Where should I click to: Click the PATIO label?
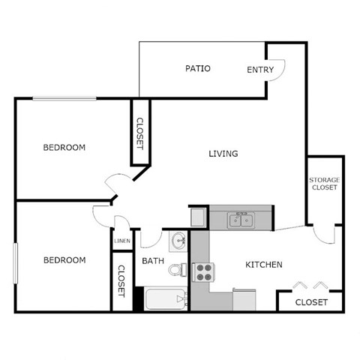click(198, 69)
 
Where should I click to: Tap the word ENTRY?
click(259, 70)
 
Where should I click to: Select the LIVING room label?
click(223, 154)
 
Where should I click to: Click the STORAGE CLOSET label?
click(324, 184)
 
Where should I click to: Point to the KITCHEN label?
click(264, 265)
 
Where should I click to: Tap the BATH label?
click(153, 261)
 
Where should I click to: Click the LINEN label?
click(121, 241)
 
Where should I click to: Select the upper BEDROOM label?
click(64, 147)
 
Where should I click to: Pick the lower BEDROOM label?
click(64, 260)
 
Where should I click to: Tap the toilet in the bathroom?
click(176, 270)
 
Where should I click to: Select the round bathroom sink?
click(178, 241)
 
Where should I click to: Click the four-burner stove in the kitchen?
click(203, 271)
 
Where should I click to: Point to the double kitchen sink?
click(242, 220)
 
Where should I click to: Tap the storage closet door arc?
click(324, 234)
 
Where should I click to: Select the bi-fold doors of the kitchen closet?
click(310, 285)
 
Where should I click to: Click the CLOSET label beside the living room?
click(139, 133)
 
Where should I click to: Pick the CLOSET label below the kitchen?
click(310, 302)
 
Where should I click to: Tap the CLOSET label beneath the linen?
click(120, 281)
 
